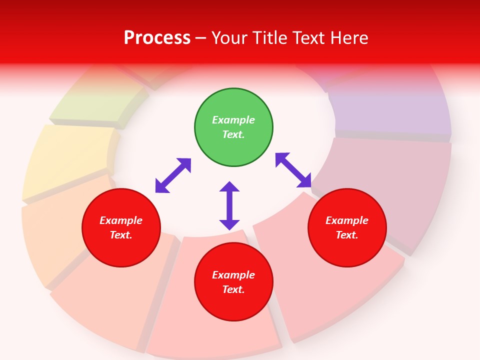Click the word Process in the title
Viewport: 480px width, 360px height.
point(157,38)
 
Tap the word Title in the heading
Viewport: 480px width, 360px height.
point(272,38)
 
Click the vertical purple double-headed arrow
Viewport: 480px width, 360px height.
point(229,205)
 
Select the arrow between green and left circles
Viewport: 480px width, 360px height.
point(173,175)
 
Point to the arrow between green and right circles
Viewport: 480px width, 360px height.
point(293,170)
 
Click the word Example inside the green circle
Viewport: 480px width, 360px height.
point(233,120)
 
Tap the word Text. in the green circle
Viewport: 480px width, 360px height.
point(233,134)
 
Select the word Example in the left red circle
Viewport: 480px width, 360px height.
point(121,220)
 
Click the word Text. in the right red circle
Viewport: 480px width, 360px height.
point(347,235)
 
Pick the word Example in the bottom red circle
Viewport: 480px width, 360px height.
point(233,275)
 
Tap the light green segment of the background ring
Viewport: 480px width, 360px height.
point(97,102)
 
